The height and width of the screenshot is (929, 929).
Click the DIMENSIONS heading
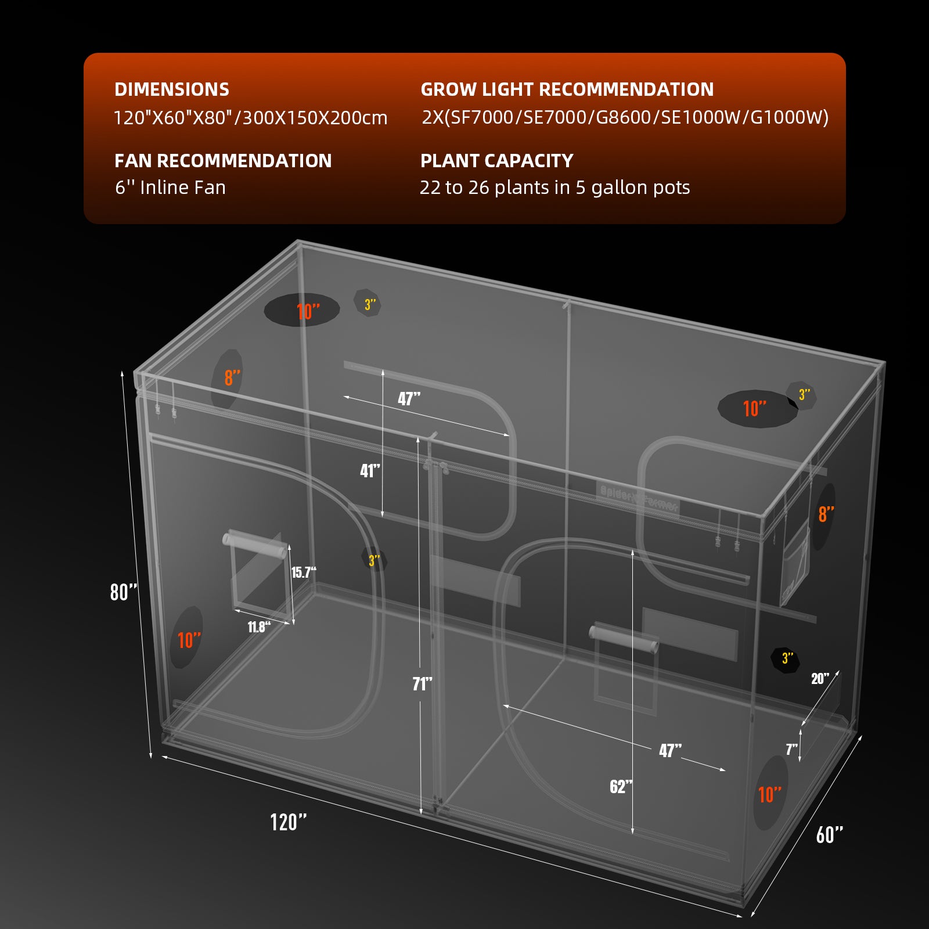(x=172, y=89)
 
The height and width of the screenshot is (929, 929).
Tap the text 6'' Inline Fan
(x=170, y=188)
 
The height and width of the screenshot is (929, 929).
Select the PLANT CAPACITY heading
(x=496, y=161)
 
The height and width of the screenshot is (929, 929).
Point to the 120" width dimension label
(x=288, y=822)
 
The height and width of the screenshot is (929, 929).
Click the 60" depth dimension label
(x=829, y=835)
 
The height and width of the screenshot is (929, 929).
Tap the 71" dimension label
(x=422, y=684)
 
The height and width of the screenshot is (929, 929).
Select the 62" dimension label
(x=621, y=787)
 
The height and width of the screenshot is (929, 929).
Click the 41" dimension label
(x=370, y=471)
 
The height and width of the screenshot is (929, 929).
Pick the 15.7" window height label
(x=303, y=572)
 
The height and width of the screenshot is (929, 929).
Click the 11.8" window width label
(x=259, y=627)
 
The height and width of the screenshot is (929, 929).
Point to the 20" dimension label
(x=820, y=679)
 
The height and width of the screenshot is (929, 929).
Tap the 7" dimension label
(x=791, y=750)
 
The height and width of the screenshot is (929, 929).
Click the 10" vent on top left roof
(x=302, y=310)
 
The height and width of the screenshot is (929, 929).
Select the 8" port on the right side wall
(x=825, y=514)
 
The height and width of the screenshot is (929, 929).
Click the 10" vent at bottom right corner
(x=770, y=793)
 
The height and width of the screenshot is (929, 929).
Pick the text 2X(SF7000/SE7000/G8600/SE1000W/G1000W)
(x=625, y=118)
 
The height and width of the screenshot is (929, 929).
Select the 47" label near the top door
(x=409, y=399)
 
